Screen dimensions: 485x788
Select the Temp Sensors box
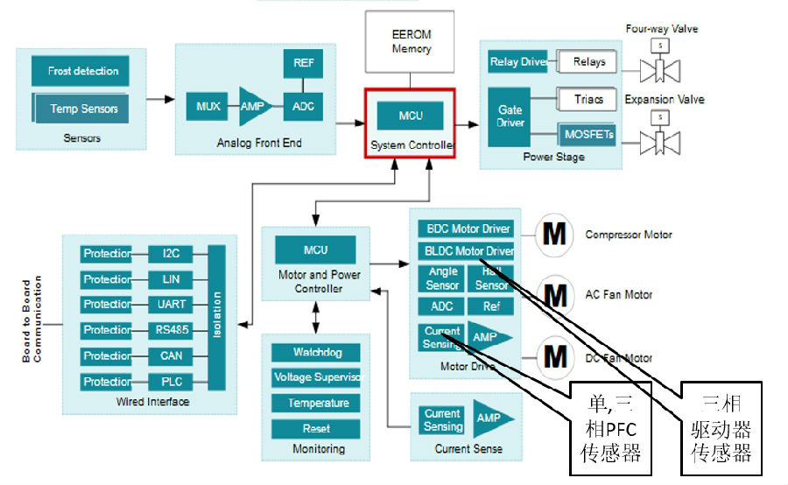(76, 109)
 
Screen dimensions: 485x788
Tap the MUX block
(208, 107)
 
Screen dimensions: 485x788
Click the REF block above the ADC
(302, 63)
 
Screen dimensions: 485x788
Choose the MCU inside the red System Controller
(411, 116)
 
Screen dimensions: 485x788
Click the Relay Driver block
(517, 62)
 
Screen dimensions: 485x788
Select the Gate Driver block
(510, 116)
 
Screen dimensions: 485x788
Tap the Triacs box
(588, 100)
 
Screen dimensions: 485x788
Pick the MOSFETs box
(588, 135)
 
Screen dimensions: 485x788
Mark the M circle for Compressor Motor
(553, 235)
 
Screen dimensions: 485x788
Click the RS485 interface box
(171, 330)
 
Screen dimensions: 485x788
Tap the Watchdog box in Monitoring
(318, 353)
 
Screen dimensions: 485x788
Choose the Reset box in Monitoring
(318, 429)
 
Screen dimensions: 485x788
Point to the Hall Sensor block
(491, 278)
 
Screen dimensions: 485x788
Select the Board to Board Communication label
(32, 321)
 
